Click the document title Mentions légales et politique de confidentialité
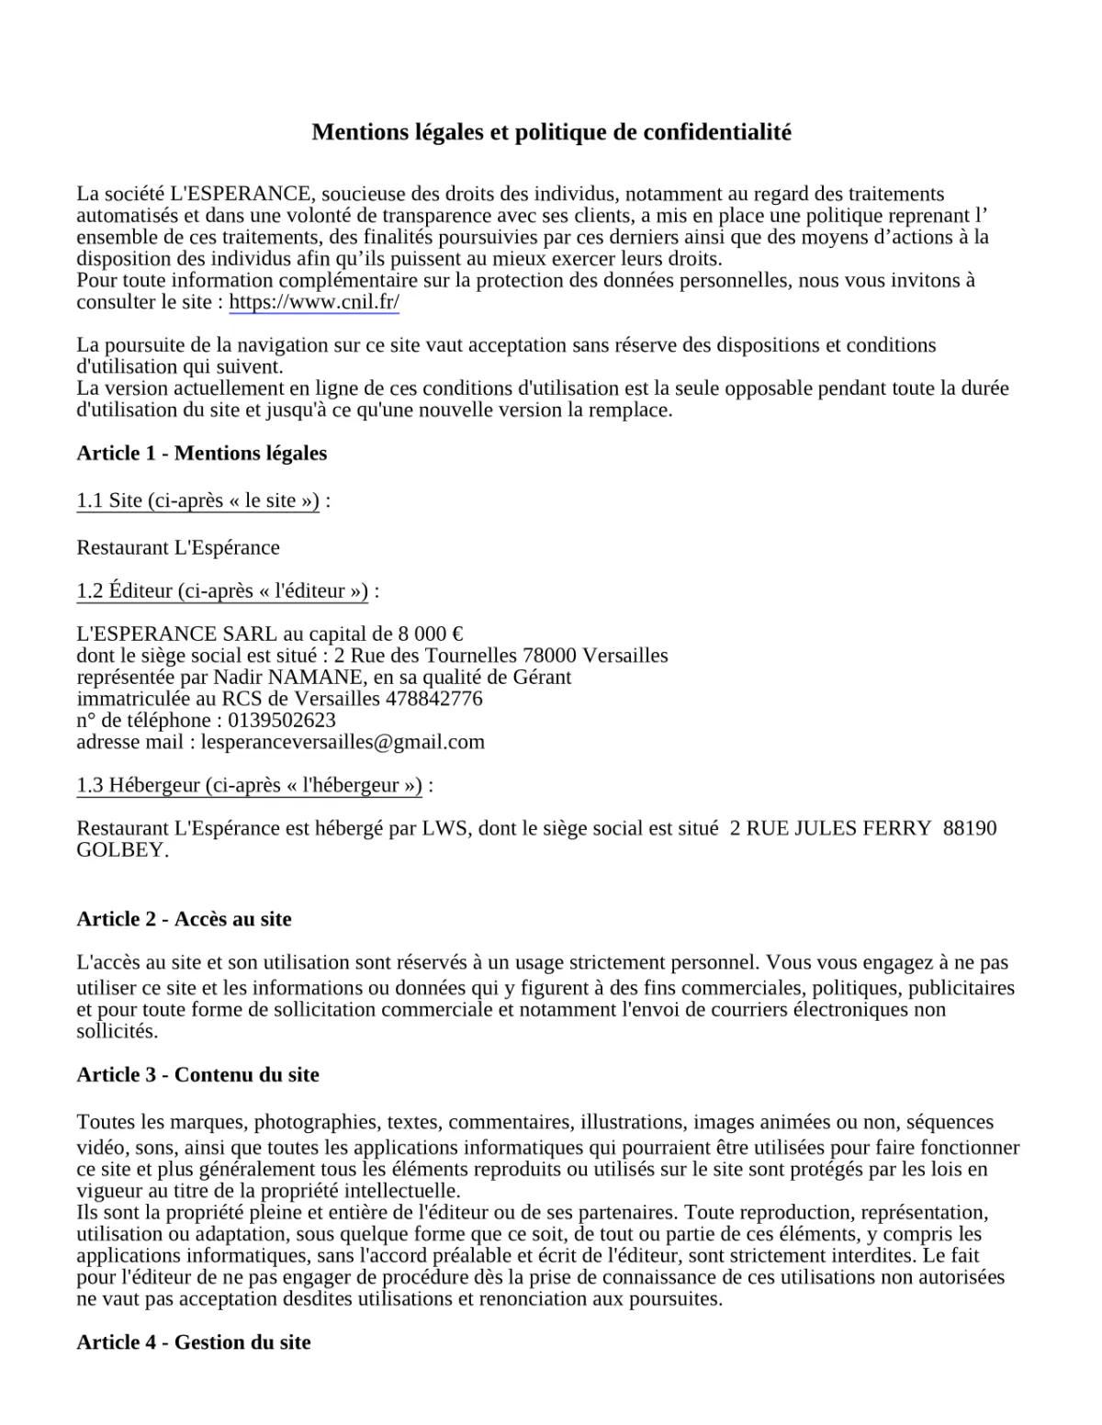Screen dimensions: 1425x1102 click(x=551, y=132)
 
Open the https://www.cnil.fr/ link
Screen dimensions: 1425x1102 click(x=313, y=302)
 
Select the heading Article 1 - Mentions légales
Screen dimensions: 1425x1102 click(x=201, y=453)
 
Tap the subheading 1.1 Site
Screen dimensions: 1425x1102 click(x=197, y=500)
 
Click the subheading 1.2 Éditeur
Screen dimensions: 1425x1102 click(x=222, y=590)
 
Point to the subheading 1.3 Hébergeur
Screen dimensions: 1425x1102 click(x=249, y=785)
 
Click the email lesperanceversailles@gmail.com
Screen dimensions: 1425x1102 click(x=343, y=742)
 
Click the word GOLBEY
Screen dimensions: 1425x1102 click(x=122, y=850)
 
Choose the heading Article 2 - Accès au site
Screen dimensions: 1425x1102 click(x=184, y=919)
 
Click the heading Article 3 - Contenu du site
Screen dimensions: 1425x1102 click(x=197, y=1074)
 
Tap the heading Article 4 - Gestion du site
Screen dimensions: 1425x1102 click(x=193, y=1342)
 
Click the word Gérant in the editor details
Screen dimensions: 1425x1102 click(x=543, y=678)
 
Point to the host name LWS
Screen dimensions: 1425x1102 click(x=444, y=828)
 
